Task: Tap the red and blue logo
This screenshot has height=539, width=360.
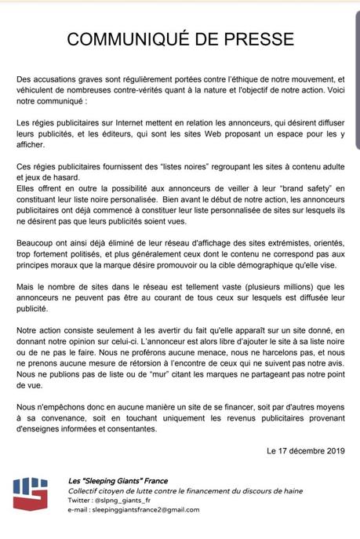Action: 30,493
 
